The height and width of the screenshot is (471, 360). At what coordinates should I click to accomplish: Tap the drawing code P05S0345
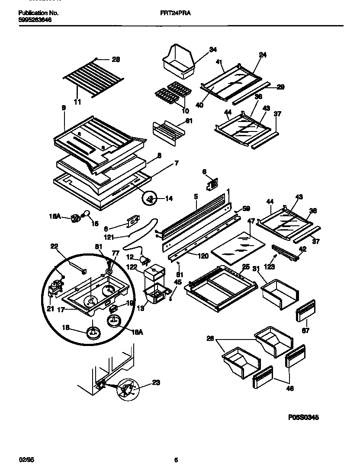[x=303, y=418]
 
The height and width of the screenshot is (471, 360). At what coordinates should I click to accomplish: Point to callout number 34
[x=212, y=50]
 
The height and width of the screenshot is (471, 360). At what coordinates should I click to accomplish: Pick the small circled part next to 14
[x=150, y=199]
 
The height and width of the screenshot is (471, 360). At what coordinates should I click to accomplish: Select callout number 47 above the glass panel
[x=251, y=221]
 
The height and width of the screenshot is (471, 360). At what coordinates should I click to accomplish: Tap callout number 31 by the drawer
[x=256, y=269]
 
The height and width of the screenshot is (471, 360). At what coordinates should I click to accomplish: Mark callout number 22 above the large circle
[x=54, y=246]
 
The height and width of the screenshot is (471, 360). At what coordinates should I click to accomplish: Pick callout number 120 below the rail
[x=202, y=256]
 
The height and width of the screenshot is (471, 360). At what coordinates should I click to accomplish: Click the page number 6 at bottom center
[x=176, y=460]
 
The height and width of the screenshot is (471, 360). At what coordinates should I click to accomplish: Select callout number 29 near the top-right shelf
[x=280, y=87]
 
